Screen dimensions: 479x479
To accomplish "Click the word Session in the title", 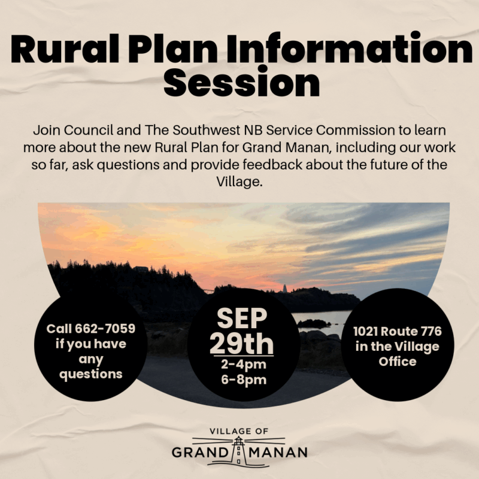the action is coord(242,81).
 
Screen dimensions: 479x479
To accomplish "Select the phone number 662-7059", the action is coord(105,329).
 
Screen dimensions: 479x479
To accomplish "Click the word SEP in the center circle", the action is coord(242,318).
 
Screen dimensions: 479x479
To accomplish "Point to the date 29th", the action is coord(242,344).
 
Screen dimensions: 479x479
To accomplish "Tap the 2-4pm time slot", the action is coord(244,365).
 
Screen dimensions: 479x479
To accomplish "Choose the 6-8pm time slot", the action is coord(244,380).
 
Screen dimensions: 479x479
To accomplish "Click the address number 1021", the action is coord(365,332).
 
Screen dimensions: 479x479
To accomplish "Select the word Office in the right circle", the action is coord(398,362).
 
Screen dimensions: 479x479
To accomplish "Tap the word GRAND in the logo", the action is coord(201,453).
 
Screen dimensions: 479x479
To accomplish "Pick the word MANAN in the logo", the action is coord(278,453).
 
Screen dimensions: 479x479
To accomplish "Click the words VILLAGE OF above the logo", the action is coord(239,431).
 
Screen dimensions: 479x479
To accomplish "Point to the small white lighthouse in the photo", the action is coord(285,289).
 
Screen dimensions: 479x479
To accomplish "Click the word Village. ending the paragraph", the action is coord(239,182).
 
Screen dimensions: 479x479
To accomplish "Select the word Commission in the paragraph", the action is coord(355,131).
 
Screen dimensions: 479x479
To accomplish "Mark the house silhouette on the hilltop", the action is coord(141,269).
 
